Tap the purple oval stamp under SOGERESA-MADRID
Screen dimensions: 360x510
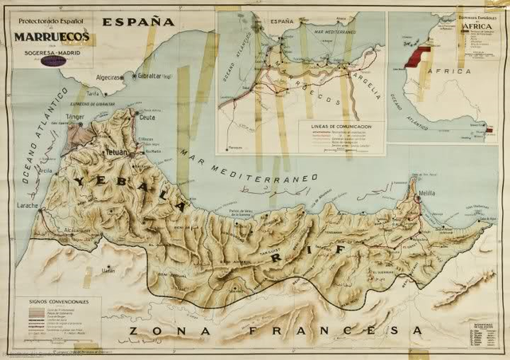pyautogui.click(x=53, y=61)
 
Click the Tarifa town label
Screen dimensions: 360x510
pyautogui.click(x=95, y=93)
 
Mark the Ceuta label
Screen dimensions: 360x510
pyautogui.click(x=147, y=117)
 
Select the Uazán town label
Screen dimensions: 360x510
pyautogui.click(x=108, y=270)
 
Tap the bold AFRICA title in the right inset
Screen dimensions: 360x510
pyautogui.click(x=475, y=25)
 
